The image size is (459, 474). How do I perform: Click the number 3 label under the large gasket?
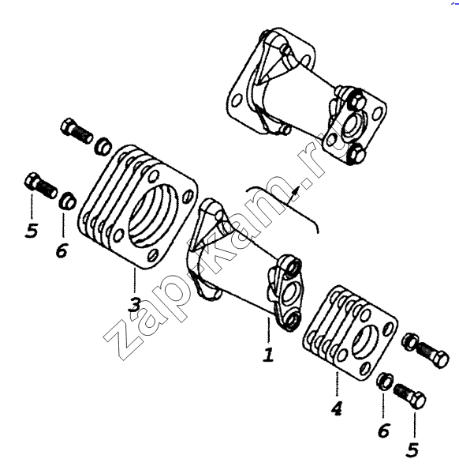pos(134,305)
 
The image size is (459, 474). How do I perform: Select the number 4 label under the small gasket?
pos(337,408)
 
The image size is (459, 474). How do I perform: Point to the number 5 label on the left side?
pos(32,231)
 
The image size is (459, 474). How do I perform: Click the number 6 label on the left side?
pos(62,250)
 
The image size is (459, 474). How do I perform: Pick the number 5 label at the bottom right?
pos(412,450)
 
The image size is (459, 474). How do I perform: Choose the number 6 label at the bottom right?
pos(384,431)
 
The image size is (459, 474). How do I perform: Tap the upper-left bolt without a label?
pos(76,130)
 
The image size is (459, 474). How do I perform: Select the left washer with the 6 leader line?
pos(68,200)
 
